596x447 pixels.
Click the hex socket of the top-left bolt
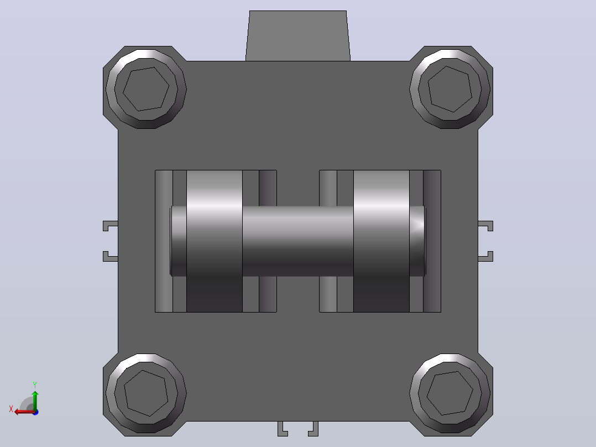click(x=145, y=89)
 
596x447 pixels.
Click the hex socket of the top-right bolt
click(x=450, y=89)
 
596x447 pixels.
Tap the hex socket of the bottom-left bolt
click(x=145, y=393)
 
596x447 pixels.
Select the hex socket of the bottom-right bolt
click(x=450, y=393)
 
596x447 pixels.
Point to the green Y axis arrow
click(x=35, y=401)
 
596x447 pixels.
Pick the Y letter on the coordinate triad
click(x=35, y=384)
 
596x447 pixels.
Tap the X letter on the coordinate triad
click(x=11, y=409)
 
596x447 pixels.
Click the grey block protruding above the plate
click(x=297, y=36)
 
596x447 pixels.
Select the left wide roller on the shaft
click(x=215, y=241)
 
